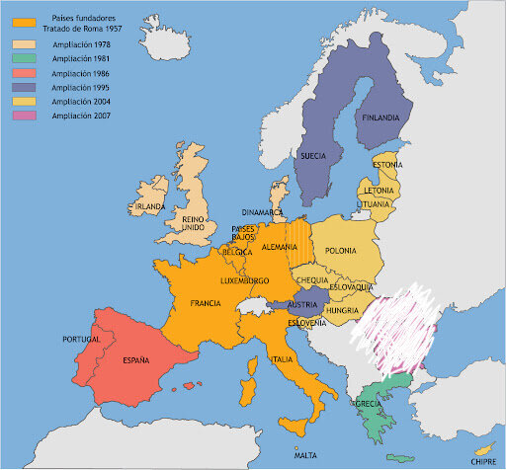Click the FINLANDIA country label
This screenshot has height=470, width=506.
click(x=381, y=117)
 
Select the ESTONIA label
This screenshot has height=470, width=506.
click(x=386, y=164)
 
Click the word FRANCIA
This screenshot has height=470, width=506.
click(x=205, y=303)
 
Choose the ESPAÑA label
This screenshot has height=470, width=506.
click(x=136, y=360)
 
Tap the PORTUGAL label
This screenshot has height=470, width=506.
click(x=82, y=339)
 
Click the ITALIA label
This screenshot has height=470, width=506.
click(x=282, y=359)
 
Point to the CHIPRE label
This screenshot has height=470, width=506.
click(x=484, y=459)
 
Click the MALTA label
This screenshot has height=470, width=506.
click(x=305, y=455)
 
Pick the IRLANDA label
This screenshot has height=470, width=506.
click(x=150, y=206)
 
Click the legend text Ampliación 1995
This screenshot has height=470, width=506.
click(x=81, y=88)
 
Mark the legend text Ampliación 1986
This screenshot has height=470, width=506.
click(x=81, y=73)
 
